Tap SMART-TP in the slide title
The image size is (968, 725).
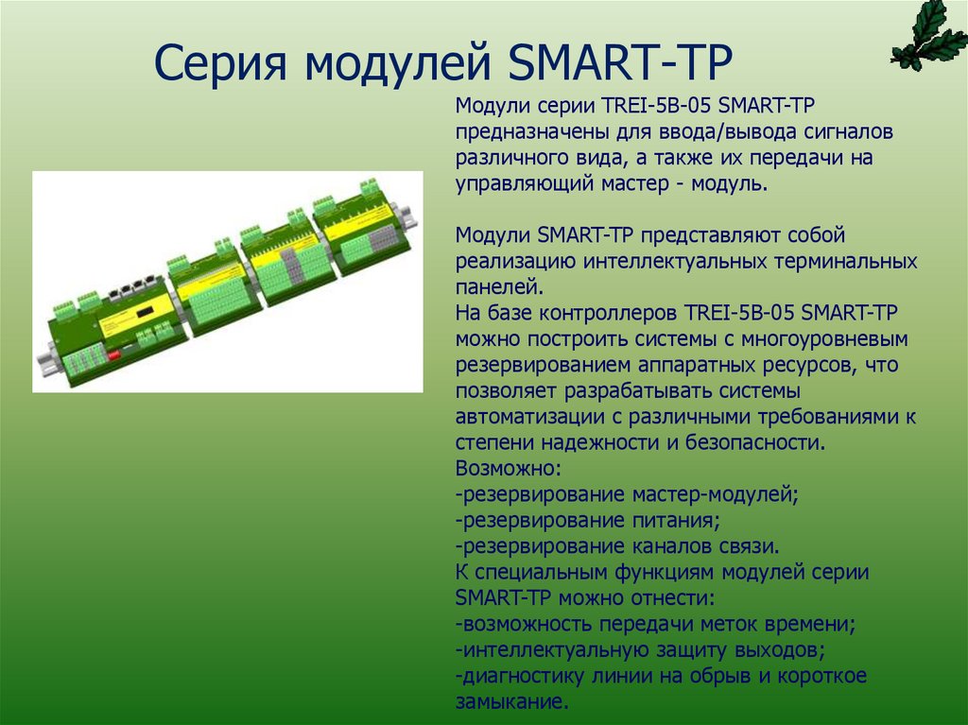point(621,64)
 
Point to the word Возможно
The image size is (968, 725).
point(508,468)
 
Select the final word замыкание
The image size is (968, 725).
point(510,701)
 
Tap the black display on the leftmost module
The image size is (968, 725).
point(144,312)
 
